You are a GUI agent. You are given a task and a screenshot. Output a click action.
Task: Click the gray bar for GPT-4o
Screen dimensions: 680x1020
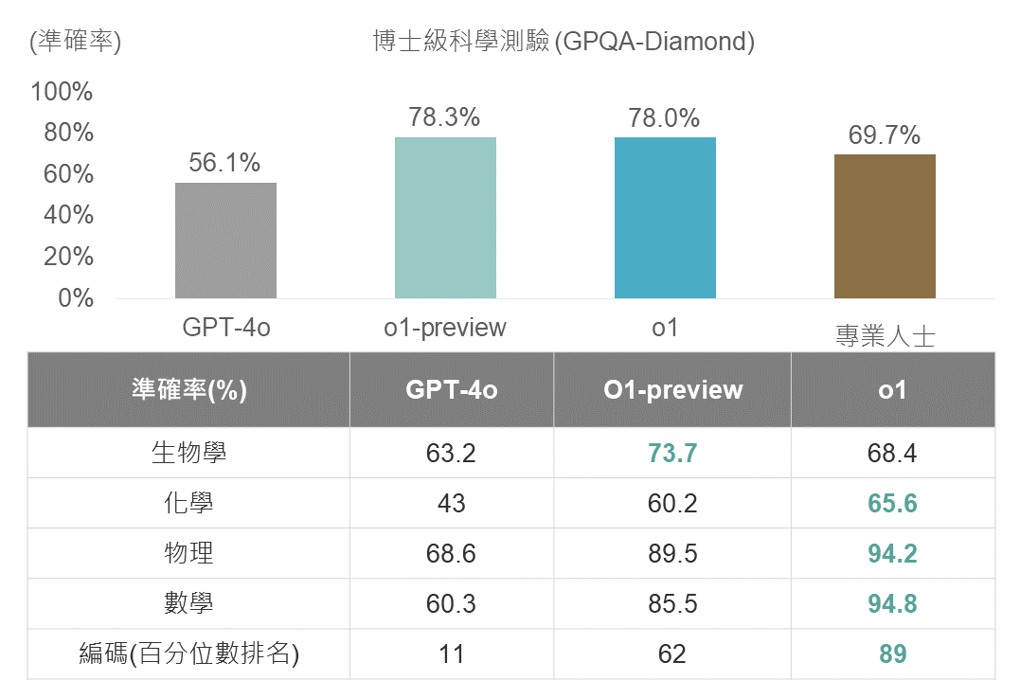(x=225, y=241)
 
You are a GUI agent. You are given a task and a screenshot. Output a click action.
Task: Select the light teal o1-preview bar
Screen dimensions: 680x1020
(x=445, y=218)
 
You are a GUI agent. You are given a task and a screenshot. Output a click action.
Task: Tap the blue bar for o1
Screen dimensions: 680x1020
(x=665, y=218)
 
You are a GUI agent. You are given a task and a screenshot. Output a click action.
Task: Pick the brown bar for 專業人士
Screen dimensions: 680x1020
(x=885, y=226)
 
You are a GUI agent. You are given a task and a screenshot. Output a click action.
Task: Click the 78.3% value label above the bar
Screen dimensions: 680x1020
(x=444, y=117)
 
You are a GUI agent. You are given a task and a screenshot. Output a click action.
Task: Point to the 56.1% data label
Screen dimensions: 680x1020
(x=224, y=163)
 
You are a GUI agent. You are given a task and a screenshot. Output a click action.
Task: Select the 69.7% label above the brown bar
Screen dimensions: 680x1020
(x=884, y=135)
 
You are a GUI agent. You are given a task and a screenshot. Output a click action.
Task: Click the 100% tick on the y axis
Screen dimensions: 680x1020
(x=63, y=92)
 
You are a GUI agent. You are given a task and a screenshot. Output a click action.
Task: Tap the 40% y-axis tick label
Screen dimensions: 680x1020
(x=68, y=215)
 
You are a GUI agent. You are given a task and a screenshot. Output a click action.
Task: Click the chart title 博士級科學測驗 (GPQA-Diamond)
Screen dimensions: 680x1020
(x=564, y=42)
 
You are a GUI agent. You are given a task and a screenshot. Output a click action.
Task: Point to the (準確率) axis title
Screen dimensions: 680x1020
(x=76, y=42)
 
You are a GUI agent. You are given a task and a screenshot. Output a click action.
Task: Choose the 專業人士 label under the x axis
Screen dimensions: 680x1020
(x=885, y=335)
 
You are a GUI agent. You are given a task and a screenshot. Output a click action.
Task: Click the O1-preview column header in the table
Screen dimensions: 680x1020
(x=672, y=390)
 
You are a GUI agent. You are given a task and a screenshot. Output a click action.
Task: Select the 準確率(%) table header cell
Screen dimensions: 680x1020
(x=188, y=390)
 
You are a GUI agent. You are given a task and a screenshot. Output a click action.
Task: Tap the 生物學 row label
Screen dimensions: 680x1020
(x=188, y=453)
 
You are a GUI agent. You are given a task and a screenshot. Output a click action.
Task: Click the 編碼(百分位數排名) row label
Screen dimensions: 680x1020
(x=188, y=653)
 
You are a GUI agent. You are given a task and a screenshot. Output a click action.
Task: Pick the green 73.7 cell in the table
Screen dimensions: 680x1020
(x=672, y=453)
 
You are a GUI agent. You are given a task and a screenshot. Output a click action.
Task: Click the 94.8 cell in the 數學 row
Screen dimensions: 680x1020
(x=892, y=603)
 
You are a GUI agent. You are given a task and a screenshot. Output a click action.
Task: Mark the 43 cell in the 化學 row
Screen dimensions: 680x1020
(x=452, y=503)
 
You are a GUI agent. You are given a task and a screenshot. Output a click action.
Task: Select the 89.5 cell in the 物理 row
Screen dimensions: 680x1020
(x=672, y=553)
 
